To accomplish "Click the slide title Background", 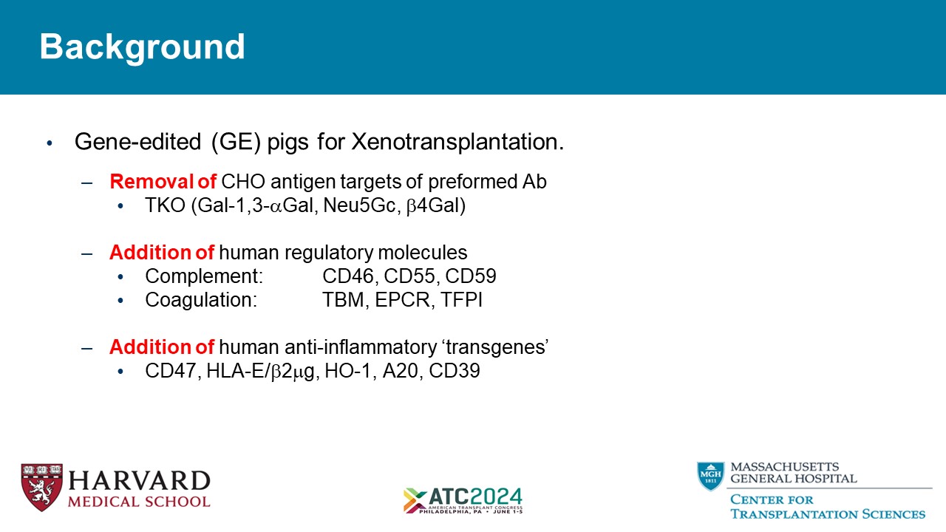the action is (143, 47).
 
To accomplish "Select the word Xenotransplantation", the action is (457, 141).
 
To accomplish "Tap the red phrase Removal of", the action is (163, 182).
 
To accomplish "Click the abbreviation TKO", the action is (165, 205).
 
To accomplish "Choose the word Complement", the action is (204, 276).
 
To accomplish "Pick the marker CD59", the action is (471, 276).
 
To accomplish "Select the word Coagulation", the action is (201, 300).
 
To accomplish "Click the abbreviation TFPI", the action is (462, 300).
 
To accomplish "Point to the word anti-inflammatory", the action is (361, 347).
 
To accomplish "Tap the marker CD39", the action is (455, 371).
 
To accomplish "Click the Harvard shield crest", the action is (42, 487).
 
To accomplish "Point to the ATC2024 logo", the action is (463, 501).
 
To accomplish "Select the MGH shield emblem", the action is (711, 476).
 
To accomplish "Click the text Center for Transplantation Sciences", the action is (828, 506).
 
